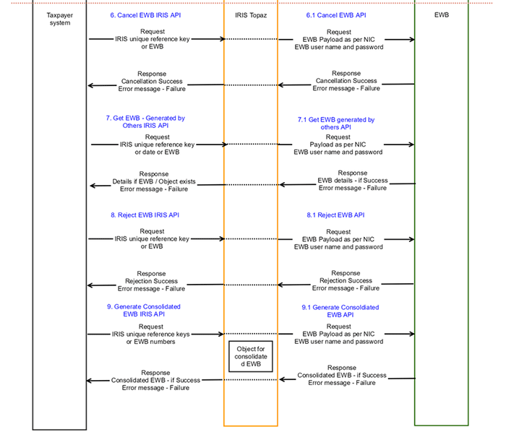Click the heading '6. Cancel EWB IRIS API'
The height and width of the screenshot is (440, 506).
click(145, 15)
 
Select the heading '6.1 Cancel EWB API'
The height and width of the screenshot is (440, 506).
click(336, 15)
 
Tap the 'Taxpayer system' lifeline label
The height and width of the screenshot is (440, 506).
click(60, 19)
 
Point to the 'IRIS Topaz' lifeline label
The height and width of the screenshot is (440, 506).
click(251, 15)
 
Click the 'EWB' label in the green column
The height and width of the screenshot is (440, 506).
click(442, 15)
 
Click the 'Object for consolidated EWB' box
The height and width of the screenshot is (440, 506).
click(251, 356)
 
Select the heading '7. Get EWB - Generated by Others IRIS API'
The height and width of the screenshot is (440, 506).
click(145, 121)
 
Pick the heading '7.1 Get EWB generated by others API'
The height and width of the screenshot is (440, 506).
click(336, 124)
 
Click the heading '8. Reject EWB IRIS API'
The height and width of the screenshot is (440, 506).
click(145, 215)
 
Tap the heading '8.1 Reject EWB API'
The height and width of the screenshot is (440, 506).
click(335, 215)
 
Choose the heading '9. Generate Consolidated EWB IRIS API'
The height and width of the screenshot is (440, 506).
click(144, 310)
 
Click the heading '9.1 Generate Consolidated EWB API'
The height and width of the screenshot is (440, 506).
click(340, 311)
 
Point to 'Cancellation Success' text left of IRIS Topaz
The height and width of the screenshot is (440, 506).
click(152, 82)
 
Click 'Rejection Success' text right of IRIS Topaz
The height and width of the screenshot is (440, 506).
click(346, 280)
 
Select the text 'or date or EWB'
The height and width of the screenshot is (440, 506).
click(157, 152)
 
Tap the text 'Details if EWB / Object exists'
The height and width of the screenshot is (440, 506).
click(154, 181)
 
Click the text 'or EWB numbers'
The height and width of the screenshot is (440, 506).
click(150, 342)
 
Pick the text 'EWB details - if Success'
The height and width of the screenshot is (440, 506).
click(353, 181)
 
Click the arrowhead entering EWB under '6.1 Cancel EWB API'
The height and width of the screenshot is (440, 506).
click(412, 39)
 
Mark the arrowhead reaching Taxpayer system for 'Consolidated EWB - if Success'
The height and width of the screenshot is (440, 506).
click(90, 381)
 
